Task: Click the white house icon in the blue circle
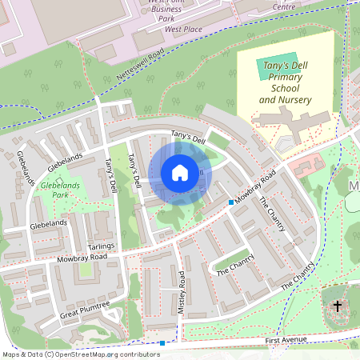point(180,173)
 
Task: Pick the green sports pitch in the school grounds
point(274,68)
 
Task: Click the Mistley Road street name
point(182,293)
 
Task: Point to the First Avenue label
point(286,341)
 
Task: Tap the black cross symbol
point(338,306)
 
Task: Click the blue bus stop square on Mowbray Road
point(230,202)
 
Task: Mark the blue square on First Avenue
point(162,343)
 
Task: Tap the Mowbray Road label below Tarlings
point(81,258)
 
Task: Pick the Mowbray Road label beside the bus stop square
point(255,186)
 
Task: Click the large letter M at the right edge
point(354,186)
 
